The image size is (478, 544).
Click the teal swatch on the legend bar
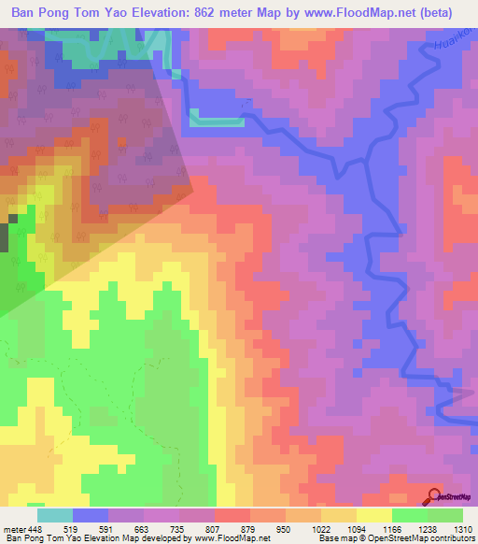point(55,515)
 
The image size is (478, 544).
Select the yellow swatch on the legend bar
point(374,515)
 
